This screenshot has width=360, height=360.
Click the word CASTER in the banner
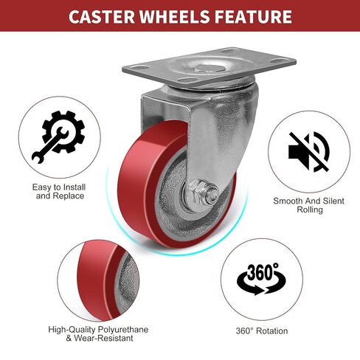pyautogui.click(x=102, y=16)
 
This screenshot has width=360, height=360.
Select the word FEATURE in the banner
pyautogui.click(x=253, y=16)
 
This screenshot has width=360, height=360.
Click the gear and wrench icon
pyautogui.click(x=58, y=137)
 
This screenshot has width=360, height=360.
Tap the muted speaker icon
pyautogui.click(x=309, y=151)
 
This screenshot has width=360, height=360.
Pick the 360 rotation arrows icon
pyautogui.click(x=261, y=279)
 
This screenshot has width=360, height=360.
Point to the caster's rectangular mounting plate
pyautogui.click(x=210, y=67)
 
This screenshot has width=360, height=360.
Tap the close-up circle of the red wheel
pyautogui.click(x=98, y=280)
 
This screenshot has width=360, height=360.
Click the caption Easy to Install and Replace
pyautogui.click(x=59, y=192)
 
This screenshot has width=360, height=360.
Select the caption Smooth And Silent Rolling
pyautogui.click(x=309, y=205)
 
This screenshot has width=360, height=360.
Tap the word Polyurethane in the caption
pyautogui.click(x=123, y=330)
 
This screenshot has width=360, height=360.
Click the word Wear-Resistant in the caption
pyautogui.click(x=103, y=338)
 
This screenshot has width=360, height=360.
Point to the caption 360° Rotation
pyautogui.click(x=262, y=330)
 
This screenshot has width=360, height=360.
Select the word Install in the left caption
pyautogui.click(x=75, y=187)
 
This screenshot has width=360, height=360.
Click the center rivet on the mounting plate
pyautogui.click(x=208, y=69)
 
